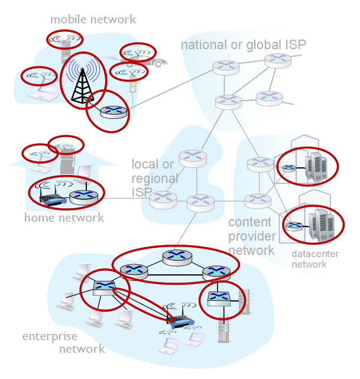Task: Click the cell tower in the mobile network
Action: [x=80, y=83]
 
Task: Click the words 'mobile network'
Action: [x=93, y=20]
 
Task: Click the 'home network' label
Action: [x=64, y=218]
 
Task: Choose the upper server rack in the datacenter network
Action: [x=314, y=167]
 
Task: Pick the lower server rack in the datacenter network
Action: [x=319, y=224]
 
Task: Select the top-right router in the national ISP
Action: [x=275, y=59]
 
